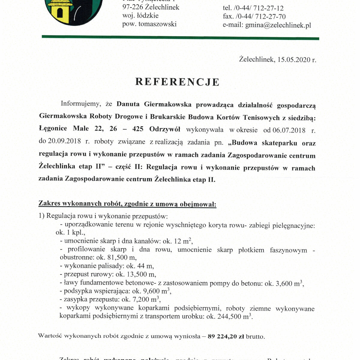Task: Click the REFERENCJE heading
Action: pos(177,82)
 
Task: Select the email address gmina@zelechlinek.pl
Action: pos(278,25)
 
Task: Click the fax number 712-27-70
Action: pos(270,16)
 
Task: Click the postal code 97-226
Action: pos(132,7)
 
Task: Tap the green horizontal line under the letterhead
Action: pos(180,37)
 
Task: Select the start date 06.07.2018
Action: pos(289,130)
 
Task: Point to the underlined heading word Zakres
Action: pos(49,204)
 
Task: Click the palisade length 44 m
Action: pos(147,266)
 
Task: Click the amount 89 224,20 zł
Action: pos(226,336)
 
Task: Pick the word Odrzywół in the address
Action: pos(165,129)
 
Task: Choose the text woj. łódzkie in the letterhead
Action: pos(140,16)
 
